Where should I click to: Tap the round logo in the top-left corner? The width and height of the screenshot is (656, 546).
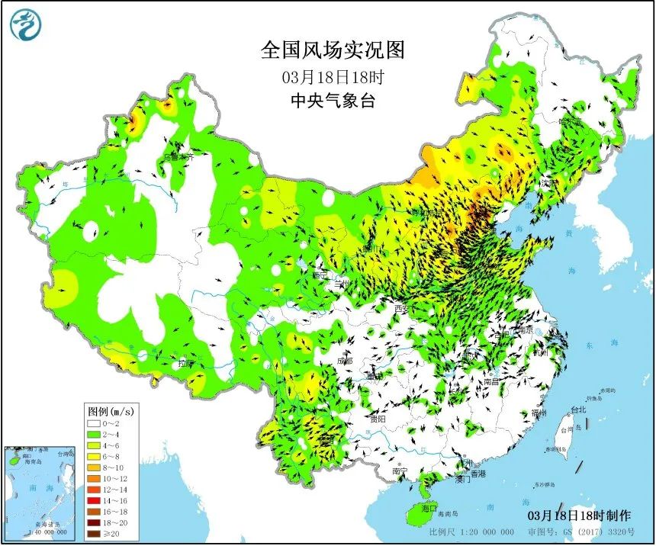click(x=25, y=25)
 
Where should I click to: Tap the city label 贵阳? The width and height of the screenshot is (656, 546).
click(x=376, y=419)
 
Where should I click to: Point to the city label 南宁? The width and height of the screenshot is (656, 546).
click(x=400, y=472)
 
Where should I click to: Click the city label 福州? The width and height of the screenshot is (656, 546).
click(x=539, y=413)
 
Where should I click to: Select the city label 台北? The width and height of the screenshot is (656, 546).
click(x=579, y=409)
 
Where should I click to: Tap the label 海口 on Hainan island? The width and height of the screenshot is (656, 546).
click(x=429, y=508)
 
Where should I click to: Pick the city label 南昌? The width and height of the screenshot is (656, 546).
click(x=491, y=380)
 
